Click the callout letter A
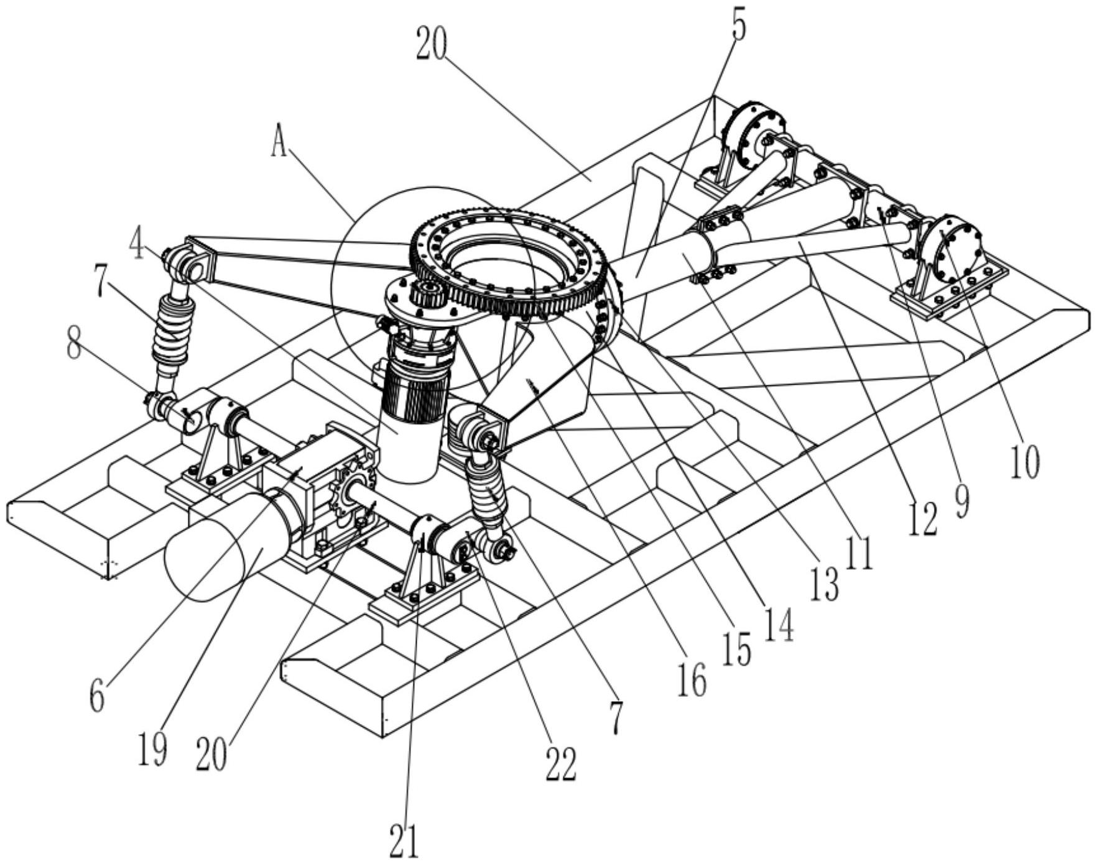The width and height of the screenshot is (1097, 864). coord(279,145)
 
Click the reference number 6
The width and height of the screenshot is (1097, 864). coord(97,697)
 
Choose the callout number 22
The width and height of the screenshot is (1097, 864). coord(560,763)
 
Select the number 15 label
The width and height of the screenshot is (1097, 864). coord(736,650)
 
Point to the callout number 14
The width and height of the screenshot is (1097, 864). coord(779,623)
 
